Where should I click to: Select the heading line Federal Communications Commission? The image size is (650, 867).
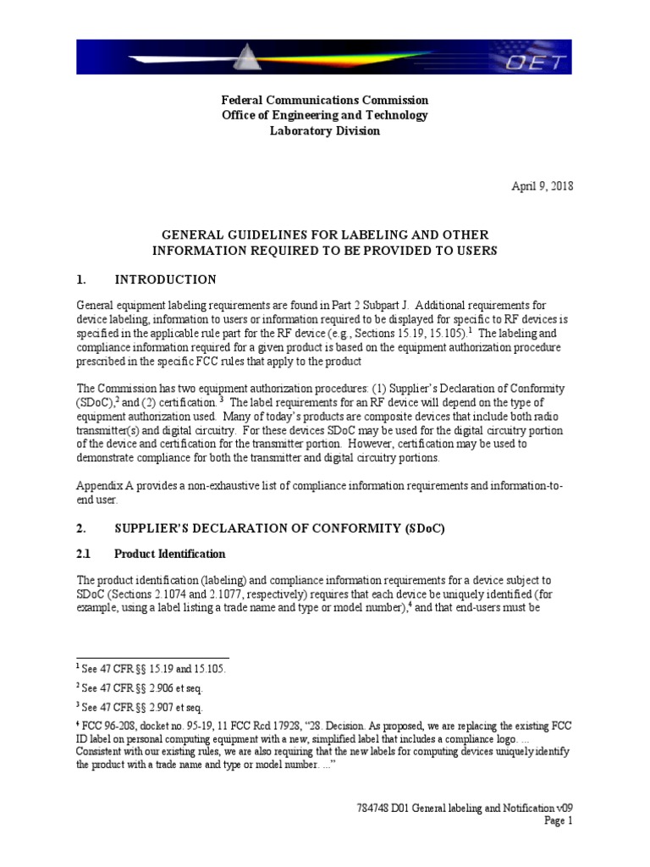(324, 100)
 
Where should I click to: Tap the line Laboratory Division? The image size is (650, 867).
(324, 131)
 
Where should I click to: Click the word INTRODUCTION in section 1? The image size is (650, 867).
(165, 279)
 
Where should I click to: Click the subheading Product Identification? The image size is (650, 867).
(170, 554)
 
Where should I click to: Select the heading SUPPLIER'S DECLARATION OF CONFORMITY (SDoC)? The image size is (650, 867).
(279, 528)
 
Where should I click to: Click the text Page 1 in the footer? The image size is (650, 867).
(558, 820)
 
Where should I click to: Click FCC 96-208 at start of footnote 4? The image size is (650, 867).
(107, 726)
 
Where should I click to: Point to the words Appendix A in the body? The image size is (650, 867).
(105, 488)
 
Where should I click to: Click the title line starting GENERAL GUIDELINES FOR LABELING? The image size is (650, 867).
(324, 234)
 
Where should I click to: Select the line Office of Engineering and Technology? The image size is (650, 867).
(324, 115)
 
